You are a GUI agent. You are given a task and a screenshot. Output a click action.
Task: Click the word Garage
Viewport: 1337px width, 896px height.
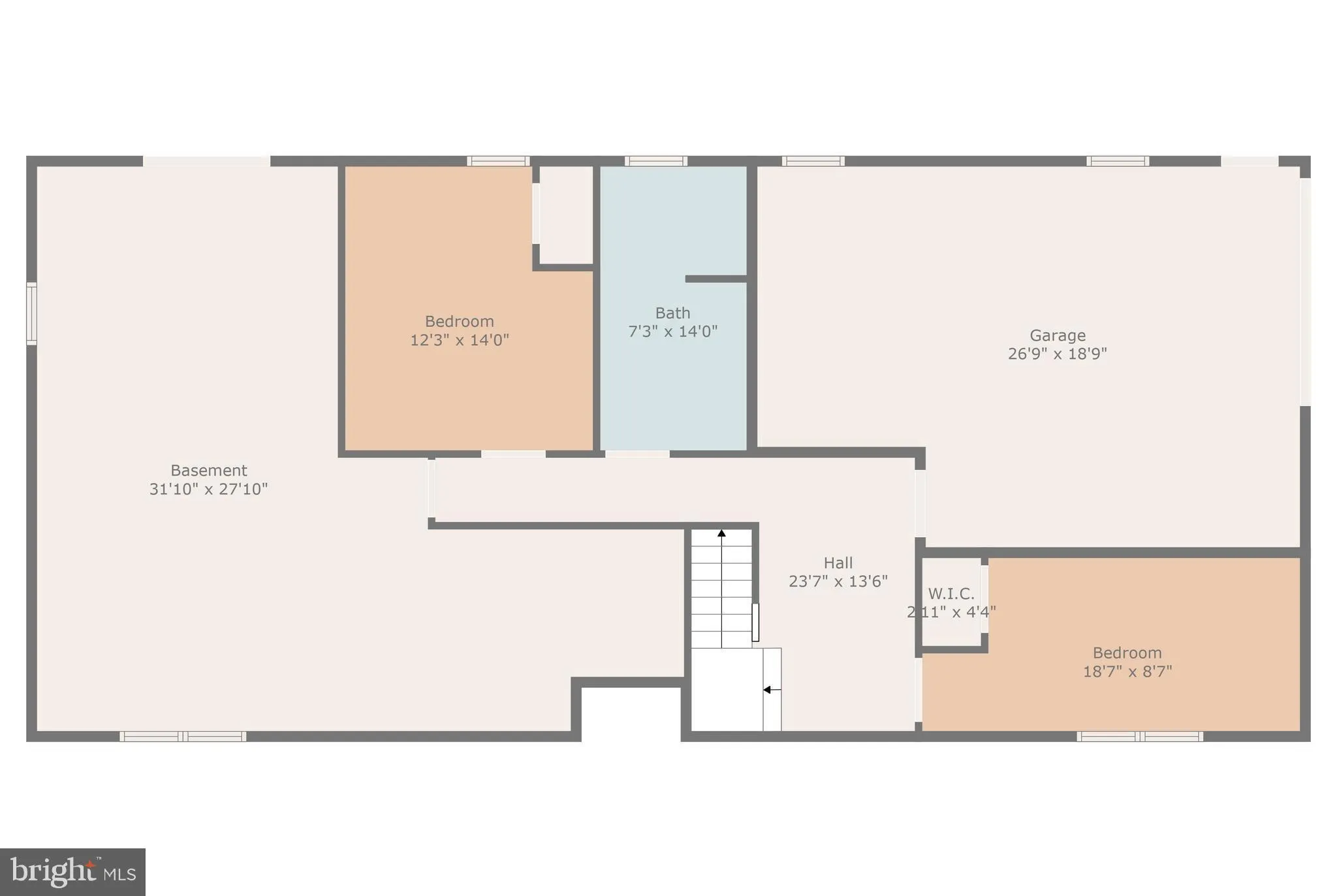click(1057, 335)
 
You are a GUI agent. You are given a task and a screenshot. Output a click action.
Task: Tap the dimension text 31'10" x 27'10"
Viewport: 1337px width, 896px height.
click(208, 489)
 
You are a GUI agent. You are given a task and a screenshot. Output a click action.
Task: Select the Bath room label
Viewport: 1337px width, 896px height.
click(672, 313)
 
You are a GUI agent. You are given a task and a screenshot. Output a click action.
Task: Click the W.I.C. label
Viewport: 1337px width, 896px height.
click(951, 594)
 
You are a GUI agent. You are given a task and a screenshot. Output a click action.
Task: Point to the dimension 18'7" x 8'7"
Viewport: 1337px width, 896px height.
click(1127, 672)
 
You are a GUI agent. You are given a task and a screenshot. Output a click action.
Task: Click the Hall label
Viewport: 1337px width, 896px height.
click(838, 563)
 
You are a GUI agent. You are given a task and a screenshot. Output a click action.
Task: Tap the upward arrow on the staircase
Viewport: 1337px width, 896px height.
click(721, 534)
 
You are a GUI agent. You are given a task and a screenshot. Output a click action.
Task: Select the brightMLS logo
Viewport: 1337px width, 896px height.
click(72, 872)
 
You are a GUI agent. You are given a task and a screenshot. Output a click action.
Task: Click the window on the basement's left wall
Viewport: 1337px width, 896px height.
click(31, 313)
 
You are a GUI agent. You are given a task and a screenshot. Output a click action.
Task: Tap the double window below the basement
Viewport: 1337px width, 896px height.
click(183, 737)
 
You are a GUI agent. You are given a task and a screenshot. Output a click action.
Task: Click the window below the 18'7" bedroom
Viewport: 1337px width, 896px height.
click(1139, 737)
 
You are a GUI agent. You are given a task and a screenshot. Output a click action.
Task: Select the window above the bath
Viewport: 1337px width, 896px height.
click(655, 161)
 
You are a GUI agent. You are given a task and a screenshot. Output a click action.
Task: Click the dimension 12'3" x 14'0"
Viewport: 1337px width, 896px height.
click(459, 340)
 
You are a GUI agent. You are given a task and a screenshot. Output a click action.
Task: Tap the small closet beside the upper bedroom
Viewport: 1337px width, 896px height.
click(565, 215)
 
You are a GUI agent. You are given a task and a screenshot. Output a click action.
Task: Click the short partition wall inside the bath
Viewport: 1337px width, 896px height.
click(716, 279)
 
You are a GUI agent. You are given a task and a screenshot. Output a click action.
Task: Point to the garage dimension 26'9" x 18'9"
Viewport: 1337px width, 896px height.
click(1057, 354)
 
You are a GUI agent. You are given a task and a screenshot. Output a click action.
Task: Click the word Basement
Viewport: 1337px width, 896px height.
click(208, 471)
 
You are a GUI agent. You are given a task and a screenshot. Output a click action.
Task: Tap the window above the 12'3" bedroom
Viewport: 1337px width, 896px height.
click(497, 161)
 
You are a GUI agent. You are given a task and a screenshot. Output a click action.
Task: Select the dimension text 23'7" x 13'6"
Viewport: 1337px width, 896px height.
click(838, 581)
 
